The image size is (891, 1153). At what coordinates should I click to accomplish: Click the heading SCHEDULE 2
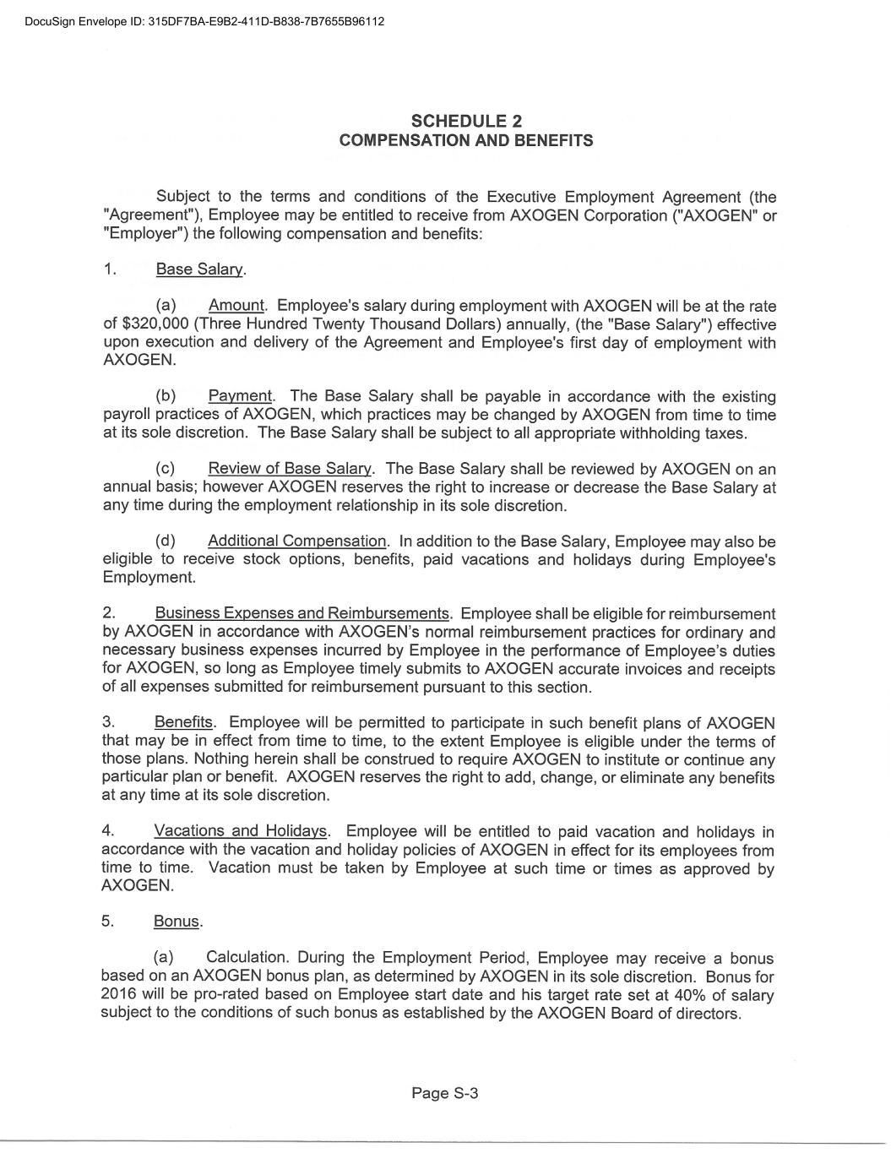coord(465,122)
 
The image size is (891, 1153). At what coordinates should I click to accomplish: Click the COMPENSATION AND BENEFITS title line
coord(465,140)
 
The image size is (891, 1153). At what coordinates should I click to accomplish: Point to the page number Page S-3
coord(445,1093)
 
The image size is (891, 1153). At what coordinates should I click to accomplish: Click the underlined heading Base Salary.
coord(199,269)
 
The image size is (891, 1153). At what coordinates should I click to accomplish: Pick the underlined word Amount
coord(236,306)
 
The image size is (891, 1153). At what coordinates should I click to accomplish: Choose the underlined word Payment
coord(240,396)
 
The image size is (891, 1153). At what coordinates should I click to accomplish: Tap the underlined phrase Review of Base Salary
coord(289,469)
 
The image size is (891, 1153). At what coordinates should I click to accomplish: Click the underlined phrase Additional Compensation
coord(296,541)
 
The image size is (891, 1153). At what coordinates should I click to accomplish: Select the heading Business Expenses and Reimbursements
coord(302,614)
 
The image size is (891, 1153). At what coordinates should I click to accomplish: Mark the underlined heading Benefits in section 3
coord(183,723)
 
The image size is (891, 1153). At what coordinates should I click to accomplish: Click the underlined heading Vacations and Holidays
coord(240,832)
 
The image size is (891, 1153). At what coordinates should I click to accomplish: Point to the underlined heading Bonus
coord(176,922)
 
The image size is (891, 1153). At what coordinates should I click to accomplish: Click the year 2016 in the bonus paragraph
coord(118,995)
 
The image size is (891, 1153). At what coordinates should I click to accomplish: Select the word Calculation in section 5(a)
coord(247,958)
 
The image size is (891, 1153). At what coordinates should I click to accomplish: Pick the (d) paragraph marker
coord(166,541)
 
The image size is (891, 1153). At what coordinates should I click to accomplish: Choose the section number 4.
coord(106,832)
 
